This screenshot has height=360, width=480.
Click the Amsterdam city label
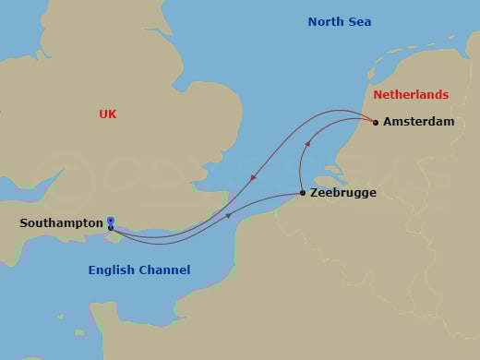coord(418,122)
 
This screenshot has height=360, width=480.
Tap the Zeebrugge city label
coord(343,193)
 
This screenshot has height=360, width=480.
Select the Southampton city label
coord(61,223)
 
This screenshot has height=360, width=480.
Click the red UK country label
coord(108,114)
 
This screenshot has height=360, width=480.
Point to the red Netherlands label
coord(411,95)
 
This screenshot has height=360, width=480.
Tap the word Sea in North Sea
coord(360,21)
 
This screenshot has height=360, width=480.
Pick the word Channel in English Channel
coord(166,270)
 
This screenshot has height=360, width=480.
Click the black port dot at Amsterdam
coord(376,122)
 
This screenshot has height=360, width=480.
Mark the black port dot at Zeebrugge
coord(303,193)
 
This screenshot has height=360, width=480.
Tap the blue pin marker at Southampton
coord(111,221)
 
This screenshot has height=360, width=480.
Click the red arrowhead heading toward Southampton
coord(252,177)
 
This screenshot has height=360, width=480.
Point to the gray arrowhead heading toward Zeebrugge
coord(228,216)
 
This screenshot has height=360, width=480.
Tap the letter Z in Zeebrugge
coord(315,193)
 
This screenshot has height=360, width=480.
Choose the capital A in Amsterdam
coord(388,122)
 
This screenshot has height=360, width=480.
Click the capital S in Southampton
coord(24,223)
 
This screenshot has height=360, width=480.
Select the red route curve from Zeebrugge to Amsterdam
coord(302,166)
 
